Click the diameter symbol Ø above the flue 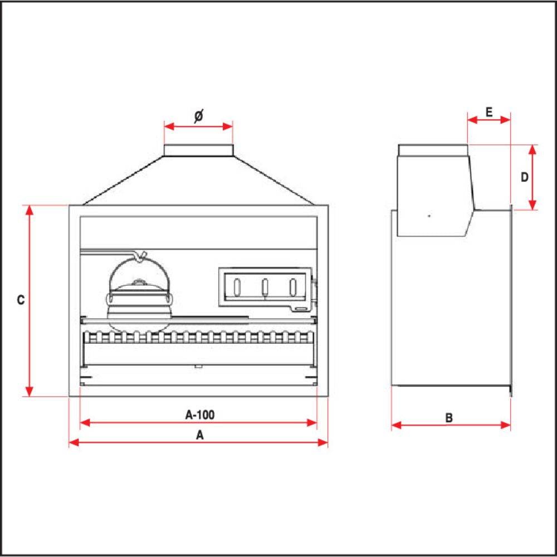198,116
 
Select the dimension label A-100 199,414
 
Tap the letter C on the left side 21,300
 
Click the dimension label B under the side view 449,417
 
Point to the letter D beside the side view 524,177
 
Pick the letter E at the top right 488,111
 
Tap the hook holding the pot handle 141,256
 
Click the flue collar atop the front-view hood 198,150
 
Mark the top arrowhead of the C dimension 31,209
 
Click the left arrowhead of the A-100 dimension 85,423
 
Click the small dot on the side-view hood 428,215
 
